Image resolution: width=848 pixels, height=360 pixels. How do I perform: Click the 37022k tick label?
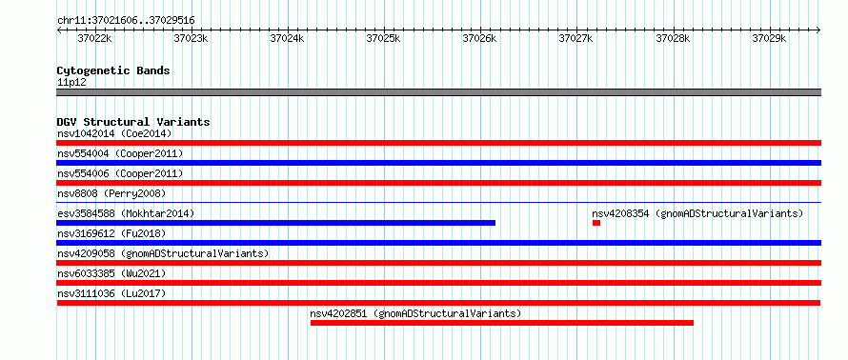pyautogui.click(x=94, y=38)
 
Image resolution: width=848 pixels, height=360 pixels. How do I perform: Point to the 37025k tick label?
pyautogui.click(x=383, y=38)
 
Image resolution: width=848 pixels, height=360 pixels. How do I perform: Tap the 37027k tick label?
pyautogui.click(x=575, y=38)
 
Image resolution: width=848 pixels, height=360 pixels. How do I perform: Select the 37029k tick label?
pyautogui.click(x=770, y=38)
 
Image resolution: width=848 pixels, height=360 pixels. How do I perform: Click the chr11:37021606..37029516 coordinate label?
pyautogui.click(x=126, y=21)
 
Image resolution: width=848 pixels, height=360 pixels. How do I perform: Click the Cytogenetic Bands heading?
pyautogui.click(x=113, y=70)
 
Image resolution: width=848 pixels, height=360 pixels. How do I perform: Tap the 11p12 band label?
pyautogui.click(x=71, y=83)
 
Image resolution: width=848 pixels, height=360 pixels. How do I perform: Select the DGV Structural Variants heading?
pyautogui.click(x=133, y=122)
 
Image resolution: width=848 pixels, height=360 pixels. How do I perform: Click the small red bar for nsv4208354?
pyautogui.click(x=596, y=223)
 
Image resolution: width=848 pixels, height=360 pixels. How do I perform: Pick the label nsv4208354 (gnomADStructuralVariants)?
pyautogui.click(x=697, y=213)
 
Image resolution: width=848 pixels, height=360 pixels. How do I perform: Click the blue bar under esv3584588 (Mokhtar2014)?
pyautogui.click(x=275, y=223)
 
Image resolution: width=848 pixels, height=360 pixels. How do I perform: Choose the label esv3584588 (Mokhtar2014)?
pyautogui.click(x=126, y=213)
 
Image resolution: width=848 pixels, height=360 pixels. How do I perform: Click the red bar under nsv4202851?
pyautogui.click(x=502, y=323)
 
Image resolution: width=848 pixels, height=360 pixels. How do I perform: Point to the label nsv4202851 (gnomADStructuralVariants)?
pyautogui.click(x=415, y=313)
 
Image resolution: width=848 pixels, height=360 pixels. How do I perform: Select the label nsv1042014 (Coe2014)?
pyautogui.click(x=114, y=133)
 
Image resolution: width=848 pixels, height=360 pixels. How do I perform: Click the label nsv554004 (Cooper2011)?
pyautogui.click(x=120, y=153)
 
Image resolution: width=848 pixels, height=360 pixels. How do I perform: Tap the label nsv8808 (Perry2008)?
pyautogui.click(x=111, y=193)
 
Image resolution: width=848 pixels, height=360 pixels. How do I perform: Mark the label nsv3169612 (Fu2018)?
pyautogui.click(x=111, y=233)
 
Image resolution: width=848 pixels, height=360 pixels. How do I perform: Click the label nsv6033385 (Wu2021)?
pyautogui.click(x=111, y=273)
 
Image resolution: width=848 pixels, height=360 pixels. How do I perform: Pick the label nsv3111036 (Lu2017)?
pyautogui.click(x=111, y=293)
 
